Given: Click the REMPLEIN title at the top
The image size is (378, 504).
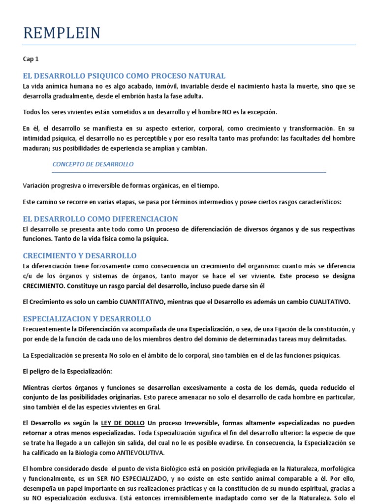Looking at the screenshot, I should pos(62,33).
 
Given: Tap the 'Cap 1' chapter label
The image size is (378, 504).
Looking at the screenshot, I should pos(31,59).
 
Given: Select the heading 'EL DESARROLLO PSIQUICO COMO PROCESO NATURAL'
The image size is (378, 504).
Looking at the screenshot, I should pos(124,76).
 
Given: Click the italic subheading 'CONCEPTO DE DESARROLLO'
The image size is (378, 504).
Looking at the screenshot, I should pos(93,164).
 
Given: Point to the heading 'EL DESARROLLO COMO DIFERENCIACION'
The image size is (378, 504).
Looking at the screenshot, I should pos(100,219).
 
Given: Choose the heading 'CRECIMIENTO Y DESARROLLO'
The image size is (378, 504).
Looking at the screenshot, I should pos(80,256).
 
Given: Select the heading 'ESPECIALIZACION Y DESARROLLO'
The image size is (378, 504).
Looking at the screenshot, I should pos(87,318).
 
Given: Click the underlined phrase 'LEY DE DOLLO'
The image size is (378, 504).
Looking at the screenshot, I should pos(123,423).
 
